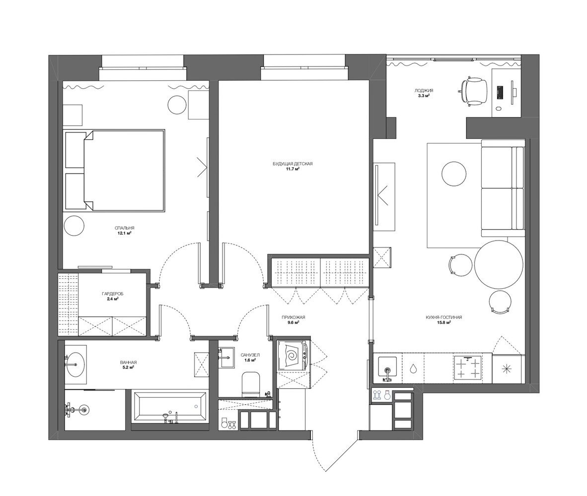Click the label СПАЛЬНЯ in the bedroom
click(125, 228)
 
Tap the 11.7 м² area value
click(293, 169)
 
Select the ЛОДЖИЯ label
click(424, 90)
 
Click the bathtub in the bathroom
click(169, 407)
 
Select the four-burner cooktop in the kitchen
click(468, 369)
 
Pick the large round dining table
click(499, 264)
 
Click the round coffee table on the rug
click(454, 174)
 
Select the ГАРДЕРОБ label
click(112, 294)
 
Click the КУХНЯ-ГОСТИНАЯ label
click(443, 317)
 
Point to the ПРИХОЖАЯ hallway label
click(291, 317)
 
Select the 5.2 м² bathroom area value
click(128, 368)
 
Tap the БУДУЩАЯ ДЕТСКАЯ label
click(293, 164)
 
